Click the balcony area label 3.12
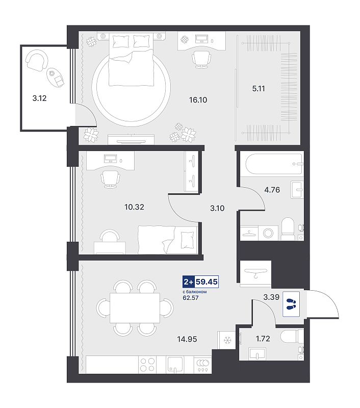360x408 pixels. tap(39, 98)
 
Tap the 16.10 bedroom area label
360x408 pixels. tap(198, 100)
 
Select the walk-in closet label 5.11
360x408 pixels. tap(259, 89)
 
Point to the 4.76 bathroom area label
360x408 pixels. tap(272, 190)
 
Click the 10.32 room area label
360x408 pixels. tap(134, 207)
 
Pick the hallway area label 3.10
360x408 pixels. tap(217, 208)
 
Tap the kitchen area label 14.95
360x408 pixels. tap(187, 339)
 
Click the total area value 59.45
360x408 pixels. tap(207, 282)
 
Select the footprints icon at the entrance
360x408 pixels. tap(291, 304)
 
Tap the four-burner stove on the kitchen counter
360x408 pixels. tap(147, 365)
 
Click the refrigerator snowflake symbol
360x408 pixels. tap(228, 340)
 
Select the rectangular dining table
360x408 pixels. tap(135, 308)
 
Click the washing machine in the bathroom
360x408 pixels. tap(268, 233)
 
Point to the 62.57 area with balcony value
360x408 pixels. tap(191, 298)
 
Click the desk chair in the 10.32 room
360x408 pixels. tap(111, 180)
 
